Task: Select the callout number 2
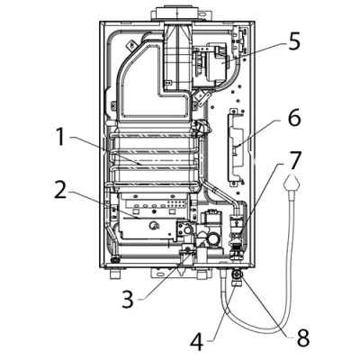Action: point(60,188)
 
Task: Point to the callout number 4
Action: point(197,340)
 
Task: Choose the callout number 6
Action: point(293,118)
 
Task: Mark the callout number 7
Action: point(294,160)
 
